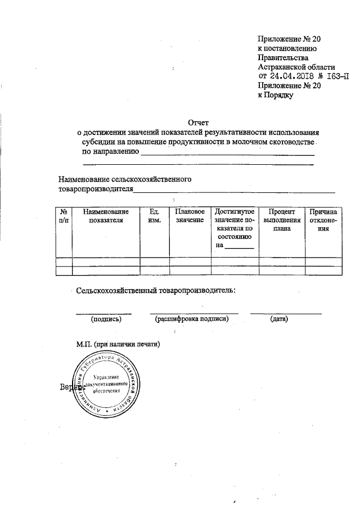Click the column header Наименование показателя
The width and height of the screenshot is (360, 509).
click(x=106, y=216)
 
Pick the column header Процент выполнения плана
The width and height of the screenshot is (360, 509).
click(x=282, y=220)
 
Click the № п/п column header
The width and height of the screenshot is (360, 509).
click(x=64, y=216)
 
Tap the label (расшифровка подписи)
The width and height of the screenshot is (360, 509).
click(x=191, y=319)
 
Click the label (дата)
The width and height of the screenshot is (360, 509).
click(x=279, y=319)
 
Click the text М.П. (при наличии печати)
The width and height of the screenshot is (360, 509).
click(x=119, y=344)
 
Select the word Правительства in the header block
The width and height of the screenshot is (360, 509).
click(x=283, y=57)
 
